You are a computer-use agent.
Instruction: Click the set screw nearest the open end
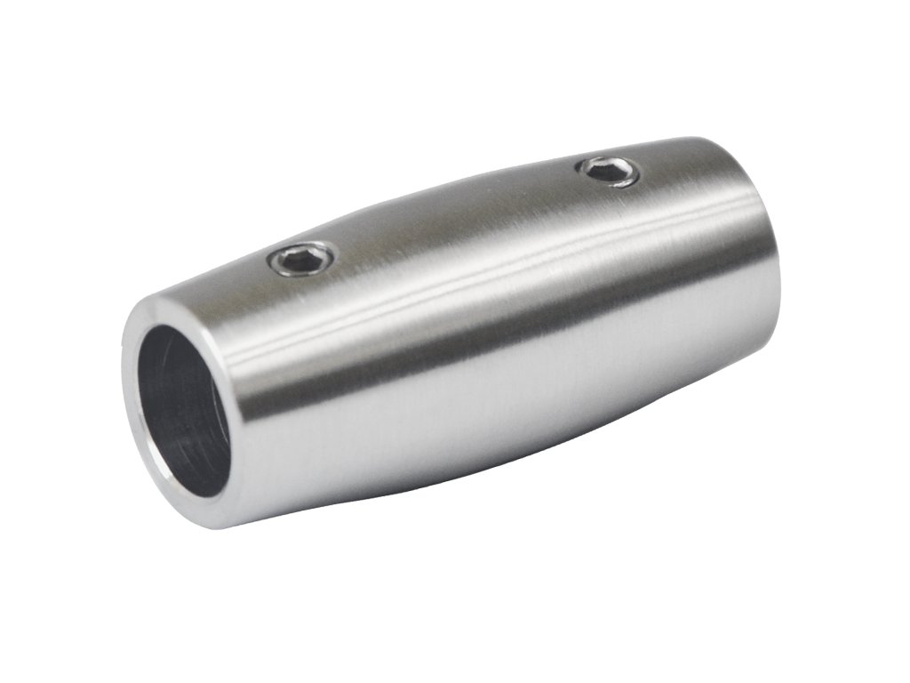click(302, 259)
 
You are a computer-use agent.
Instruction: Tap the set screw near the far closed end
click(608, 170)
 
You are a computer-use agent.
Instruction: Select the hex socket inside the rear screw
click(609, 169)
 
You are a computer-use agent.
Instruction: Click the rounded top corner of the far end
click(711, 142)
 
